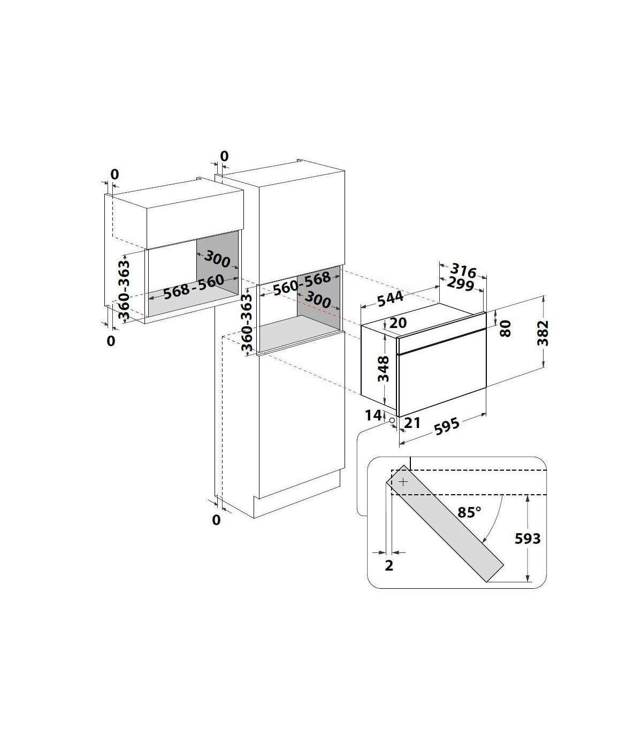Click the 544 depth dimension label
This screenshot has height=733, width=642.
[391, 298]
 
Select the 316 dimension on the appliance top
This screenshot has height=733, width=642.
[463, 270]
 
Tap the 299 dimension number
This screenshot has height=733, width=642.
[461, 284]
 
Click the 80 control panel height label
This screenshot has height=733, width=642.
[505, 328]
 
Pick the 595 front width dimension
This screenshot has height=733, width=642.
[447, 426]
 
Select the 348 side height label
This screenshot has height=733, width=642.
[384, 369]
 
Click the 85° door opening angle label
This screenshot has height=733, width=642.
[469, 512]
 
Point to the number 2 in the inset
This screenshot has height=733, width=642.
[389, 565]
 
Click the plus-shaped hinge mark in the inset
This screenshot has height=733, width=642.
[403, 482]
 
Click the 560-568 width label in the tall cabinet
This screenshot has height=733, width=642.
[302, 283]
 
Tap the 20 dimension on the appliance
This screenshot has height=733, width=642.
[398, 323]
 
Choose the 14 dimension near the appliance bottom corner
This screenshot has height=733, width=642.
[373, 415]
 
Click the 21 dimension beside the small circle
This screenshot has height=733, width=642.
[412, 423]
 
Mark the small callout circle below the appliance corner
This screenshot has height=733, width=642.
[392, 420]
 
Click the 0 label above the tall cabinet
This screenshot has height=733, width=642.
[224, 156]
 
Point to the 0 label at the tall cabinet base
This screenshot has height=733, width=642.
[216, 520]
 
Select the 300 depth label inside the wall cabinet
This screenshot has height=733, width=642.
[217, 259]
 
